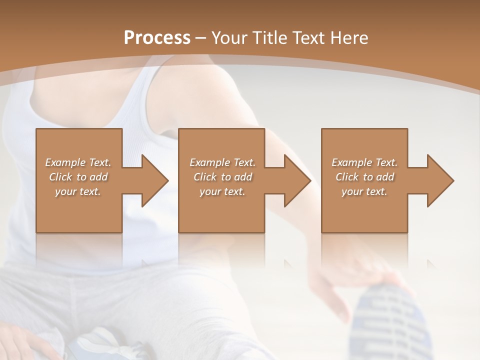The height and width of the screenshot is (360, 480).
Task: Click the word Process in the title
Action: click(157, 37)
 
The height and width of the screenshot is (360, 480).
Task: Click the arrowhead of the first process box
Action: click(155, 180)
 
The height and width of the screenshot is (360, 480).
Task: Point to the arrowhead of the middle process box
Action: click(297, 180)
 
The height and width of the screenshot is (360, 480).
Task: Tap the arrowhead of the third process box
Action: click(440, 180)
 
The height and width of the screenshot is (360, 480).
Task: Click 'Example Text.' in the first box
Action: click(78, 162)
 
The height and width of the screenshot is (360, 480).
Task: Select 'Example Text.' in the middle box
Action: click(222, 162)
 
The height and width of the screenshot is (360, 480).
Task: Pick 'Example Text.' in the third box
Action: click(364, 162)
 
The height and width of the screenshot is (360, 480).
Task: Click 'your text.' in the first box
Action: click(78, 191)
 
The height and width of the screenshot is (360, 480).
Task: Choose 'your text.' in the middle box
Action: click(222, 191)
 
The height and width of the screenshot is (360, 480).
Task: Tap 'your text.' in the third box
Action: click(364, 191)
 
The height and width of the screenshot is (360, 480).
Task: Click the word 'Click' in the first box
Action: click(60, 177)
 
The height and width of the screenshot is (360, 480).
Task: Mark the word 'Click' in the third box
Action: click(347, 177)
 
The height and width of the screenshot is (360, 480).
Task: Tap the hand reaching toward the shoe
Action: click(350, 280)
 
